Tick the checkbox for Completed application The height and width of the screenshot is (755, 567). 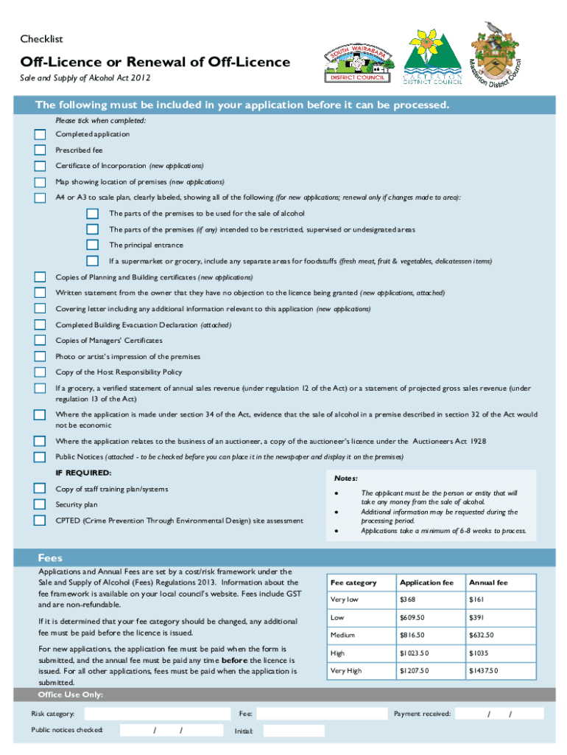pos(40,134)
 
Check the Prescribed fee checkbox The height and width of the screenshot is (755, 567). pos(40,150)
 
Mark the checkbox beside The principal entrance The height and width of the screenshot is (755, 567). pos(92,245)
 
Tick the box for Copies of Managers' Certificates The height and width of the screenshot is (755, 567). pos(40,341)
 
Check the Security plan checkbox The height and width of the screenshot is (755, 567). pos(40,505)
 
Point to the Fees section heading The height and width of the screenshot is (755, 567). pos(50,557)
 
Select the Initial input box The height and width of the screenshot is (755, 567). pos(293,731)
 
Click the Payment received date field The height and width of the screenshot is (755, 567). pos(500,714)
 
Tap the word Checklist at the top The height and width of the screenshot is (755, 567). pos(41,38)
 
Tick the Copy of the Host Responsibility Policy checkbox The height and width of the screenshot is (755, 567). pos(40,372)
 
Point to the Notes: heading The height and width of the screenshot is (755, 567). pos(345,478)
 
